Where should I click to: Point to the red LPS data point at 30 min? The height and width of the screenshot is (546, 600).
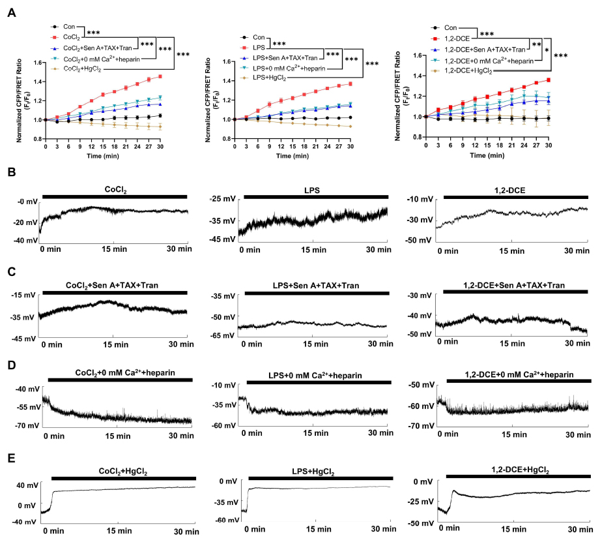pyautogui.click(x=350, y=83)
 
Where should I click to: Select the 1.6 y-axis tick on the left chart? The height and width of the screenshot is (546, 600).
pyautogui.click(x=38, y=63)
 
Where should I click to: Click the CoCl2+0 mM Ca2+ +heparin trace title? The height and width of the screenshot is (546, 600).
pyautogui.click(x=119, y=372)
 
